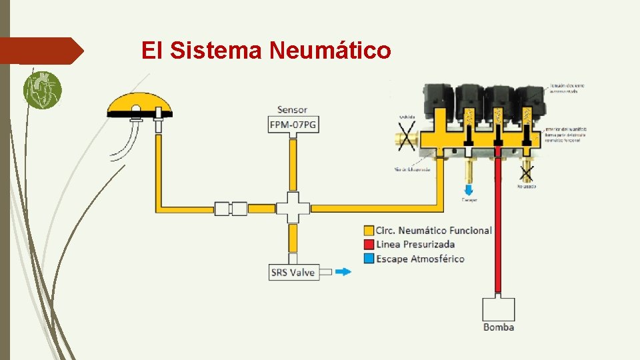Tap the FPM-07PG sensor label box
[293, 124]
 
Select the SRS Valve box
[293, 272]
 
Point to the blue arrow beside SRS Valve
[342, 272]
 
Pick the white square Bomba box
[498, 309]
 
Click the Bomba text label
[498, 327]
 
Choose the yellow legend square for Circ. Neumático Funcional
[369, 231]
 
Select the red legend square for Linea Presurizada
[369, 245]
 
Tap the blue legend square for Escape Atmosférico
[369, 259]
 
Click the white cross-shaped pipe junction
[293, 208]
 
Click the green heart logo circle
[42, 90]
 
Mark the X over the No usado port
[527, 173]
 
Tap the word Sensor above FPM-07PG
[293, 109]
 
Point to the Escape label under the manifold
[469, 199]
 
